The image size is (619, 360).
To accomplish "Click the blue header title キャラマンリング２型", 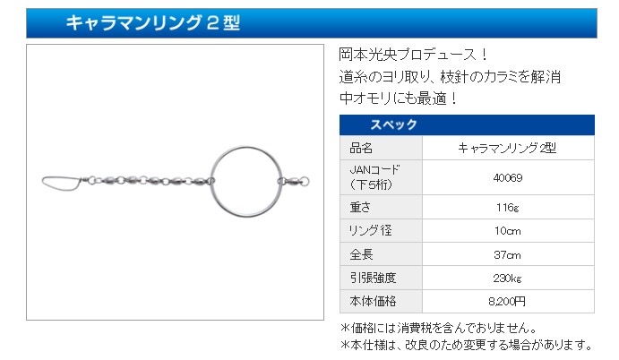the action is point(153,22).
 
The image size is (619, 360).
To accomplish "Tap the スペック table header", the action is point(393,124).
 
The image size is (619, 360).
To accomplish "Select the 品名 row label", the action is point(361,148).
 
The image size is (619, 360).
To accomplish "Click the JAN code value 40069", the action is point(508,177).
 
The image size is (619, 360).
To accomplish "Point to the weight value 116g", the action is point(508,207).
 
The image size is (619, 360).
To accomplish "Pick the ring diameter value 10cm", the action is point(508,230).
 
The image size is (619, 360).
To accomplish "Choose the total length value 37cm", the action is point(508,254).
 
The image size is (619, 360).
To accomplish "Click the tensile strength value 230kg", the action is point(508,278).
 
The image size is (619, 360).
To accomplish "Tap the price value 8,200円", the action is point(507,302).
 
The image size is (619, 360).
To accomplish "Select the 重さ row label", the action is point(360,207).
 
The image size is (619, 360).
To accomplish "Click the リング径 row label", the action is point(370,230).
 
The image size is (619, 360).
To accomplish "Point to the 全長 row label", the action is point(361,254).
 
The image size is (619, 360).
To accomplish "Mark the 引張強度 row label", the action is point(373,278).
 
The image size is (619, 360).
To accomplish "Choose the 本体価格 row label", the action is point(373,302).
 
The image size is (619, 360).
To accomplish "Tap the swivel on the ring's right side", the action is point(294,182).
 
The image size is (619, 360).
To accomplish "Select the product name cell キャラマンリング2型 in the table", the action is point(507,148).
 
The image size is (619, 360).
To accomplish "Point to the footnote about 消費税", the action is point(439,328).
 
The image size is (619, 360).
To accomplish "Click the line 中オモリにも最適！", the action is point(398,99).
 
